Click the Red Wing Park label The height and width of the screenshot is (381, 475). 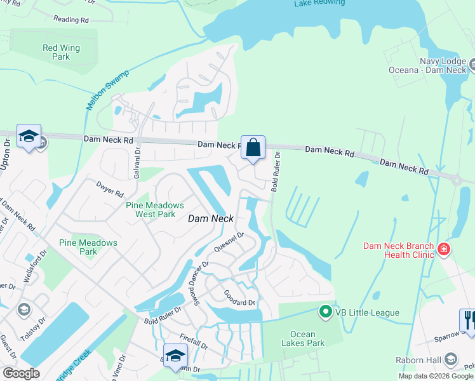coord(61,52)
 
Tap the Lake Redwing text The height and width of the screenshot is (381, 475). coord(319,3)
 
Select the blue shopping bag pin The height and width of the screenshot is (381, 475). coord(253,148)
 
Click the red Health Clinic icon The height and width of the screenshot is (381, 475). coord(443,250)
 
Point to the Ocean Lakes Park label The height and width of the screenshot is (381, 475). coord(307,339)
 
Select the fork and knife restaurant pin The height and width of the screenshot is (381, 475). coord(467,319)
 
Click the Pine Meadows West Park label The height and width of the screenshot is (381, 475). coord(155,210)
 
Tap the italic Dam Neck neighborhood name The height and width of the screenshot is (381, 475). coord(211,218)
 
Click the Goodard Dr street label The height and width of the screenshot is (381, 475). coord(239,297)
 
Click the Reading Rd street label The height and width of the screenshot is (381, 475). coord(71,20)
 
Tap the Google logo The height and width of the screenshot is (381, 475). coord(21,373)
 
